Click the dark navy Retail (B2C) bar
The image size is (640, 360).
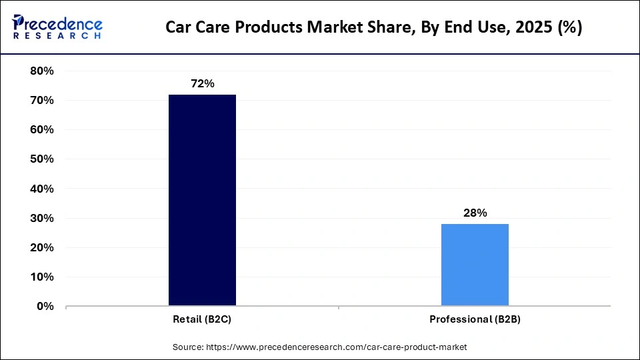pyautogui.click(x=202, y=200)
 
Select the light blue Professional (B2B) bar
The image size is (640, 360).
pyautogui.click(x=475, y=265)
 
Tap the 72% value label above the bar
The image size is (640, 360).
pyautogui.click(x=202, y=84)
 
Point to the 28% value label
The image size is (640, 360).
pyautogui.click(x=475, y=213)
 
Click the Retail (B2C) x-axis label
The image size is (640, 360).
pyautogui.click(x=202, y=319)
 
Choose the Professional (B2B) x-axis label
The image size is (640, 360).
pyautogui.click(x=475, y=319)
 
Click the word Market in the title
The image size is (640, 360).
pyautogui.click(x=329, y=28)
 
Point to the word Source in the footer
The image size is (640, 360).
pyautogui.click(x=189, y=347)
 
